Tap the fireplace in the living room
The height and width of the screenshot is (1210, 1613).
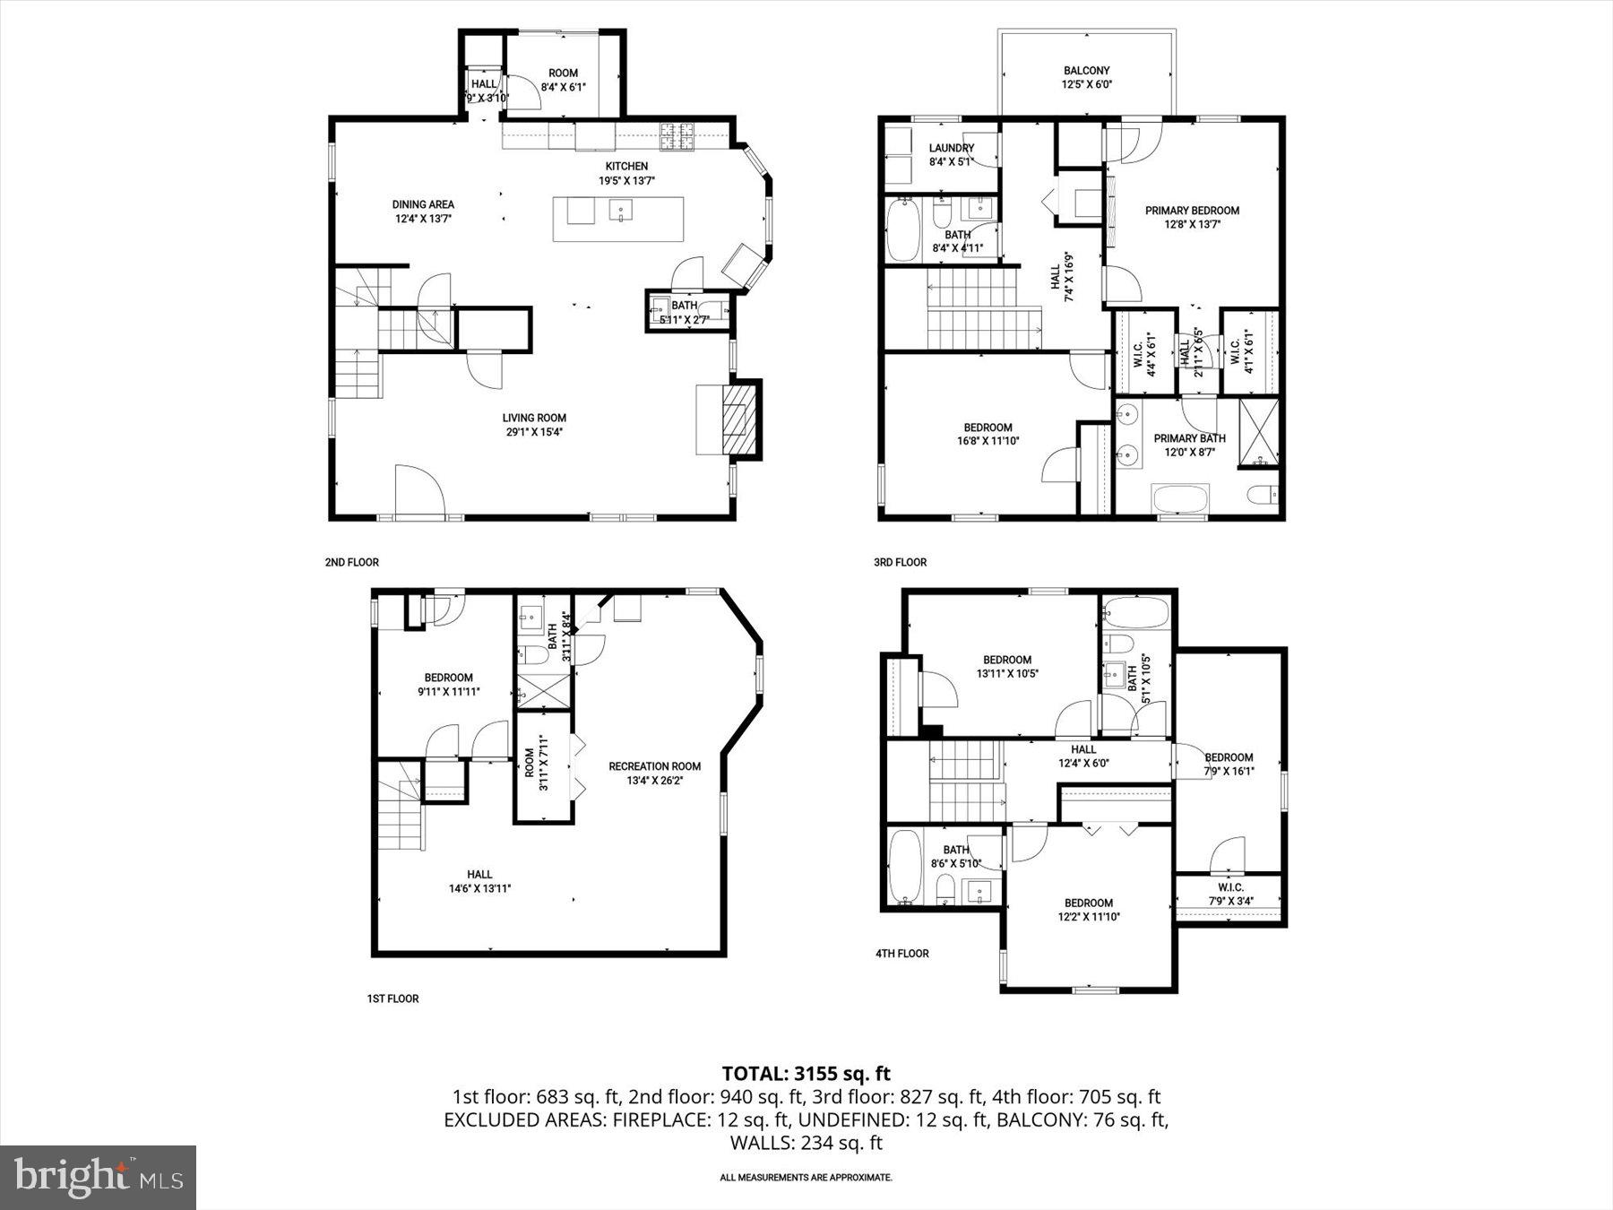pyautogui.click(x=740, y=419)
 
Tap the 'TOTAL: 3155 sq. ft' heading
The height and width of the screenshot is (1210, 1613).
pyautogui.click(x=806, y=1073)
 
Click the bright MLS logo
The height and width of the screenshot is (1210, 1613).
pyautogui.click(x=98, y=1177)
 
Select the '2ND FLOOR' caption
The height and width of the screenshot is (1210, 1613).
pyautogui.click(x=351, y=562)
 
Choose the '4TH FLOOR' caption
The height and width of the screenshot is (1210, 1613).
pyautogui.click(x=901, y=953)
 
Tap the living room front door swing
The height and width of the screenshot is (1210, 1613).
pyautogui.click(x=418, y=492)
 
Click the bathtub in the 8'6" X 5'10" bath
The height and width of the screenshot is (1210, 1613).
pyautogui.click(x=905, y=865)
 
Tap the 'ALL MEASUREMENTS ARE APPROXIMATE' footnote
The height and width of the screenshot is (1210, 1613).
pyautogui.click(x=806, y=1177)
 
